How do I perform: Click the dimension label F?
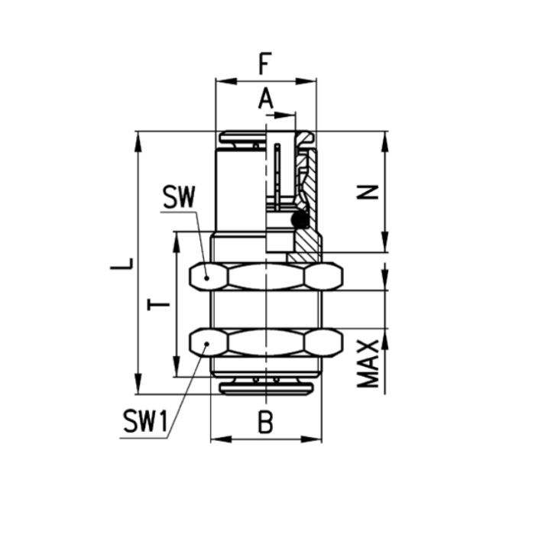coord(265,63)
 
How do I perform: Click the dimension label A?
coord(266,98)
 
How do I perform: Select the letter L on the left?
coord(122,264)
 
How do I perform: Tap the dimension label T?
coord(158,304)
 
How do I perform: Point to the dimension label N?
coord(368,192)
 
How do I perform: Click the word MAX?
coord(368,364)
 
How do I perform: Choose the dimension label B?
coord(265,422)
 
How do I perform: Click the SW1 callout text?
coord(146,422)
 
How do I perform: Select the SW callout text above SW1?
coord(179,197)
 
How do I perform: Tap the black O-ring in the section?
coord(300,219)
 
